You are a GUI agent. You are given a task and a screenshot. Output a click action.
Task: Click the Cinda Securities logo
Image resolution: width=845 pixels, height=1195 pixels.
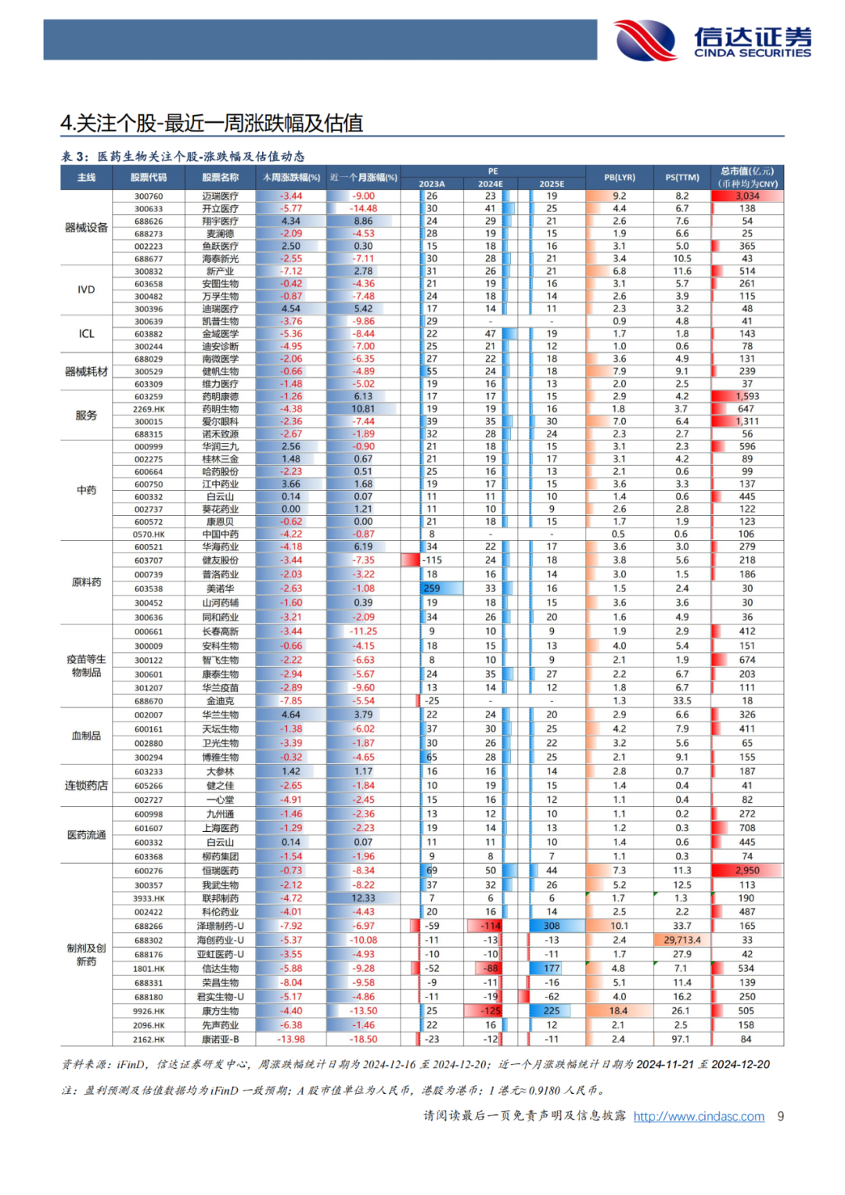(712, 40)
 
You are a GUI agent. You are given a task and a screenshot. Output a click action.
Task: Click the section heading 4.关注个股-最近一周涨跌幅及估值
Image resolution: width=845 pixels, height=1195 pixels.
(212, 123)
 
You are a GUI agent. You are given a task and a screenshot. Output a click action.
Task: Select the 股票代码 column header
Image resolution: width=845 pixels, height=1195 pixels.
(149, 178)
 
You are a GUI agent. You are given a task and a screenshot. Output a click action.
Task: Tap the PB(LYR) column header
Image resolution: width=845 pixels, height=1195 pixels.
(619, 178)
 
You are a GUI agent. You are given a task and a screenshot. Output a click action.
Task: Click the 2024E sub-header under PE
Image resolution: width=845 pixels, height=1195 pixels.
(491, 184)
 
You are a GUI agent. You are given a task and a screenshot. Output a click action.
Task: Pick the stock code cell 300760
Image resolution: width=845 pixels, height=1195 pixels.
(149, 196)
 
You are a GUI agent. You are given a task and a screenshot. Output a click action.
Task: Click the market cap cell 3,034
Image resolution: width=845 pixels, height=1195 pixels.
(747, 196)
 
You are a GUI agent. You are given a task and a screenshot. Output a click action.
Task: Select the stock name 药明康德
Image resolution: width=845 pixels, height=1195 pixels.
(220, 397)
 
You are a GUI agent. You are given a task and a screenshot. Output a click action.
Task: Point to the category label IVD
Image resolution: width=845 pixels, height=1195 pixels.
(86, 290)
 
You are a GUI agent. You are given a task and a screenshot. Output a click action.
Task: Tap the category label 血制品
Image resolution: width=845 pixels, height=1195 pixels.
(86, 736)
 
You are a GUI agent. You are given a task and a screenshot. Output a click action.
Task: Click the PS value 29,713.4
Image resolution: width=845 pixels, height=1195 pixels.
(682, 940)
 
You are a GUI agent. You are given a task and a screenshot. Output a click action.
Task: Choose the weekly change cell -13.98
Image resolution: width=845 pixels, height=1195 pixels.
(291, 1039)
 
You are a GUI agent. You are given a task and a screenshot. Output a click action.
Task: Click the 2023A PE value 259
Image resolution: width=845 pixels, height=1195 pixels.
(432, 589)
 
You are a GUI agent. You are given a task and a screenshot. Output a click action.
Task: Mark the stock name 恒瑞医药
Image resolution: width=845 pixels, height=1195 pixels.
(220, 871)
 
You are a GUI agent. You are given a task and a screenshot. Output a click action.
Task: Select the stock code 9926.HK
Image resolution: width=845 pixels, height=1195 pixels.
(149, 1011)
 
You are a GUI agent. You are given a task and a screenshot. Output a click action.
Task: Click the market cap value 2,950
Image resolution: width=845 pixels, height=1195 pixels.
(747, 871)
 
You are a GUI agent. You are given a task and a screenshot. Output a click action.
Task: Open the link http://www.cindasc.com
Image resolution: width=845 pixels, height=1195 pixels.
(699, 1117)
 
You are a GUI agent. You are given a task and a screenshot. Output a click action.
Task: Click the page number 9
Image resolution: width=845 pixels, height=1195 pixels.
(780, 1117)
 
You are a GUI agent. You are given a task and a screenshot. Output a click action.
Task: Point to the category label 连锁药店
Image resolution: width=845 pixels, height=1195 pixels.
(86, 786)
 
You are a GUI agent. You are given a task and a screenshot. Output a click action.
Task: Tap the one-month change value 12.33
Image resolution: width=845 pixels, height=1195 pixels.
(363, 898)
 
